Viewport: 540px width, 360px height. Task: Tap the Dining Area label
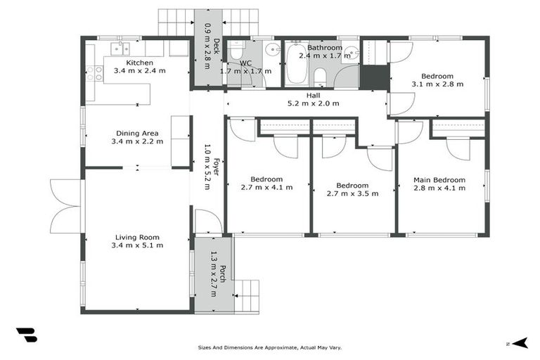point(137,133)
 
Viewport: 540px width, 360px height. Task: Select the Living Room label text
point(137,237)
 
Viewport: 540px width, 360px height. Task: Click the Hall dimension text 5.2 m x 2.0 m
point(313,103)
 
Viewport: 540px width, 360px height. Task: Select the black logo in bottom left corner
point(26,335)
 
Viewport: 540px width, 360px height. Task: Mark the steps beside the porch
point(246,295)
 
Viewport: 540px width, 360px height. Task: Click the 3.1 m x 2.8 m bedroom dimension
point(437,84)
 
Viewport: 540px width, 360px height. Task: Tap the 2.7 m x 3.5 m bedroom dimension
point(352,193)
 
